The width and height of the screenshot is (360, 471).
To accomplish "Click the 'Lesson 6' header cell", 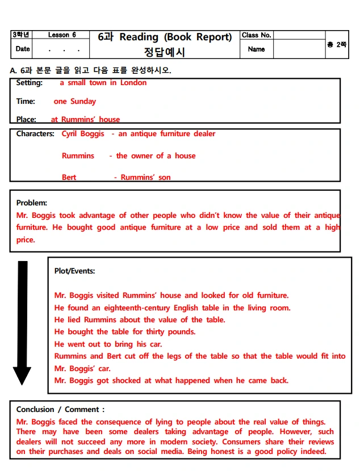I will click(62, 35).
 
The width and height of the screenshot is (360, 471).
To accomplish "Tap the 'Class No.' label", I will click(257, 35).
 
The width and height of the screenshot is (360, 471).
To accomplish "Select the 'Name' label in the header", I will click(257, 49).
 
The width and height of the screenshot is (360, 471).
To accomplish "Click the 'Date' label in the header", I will click(23, 49).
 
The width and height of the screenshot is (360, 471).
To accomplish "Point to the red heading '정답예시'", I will click(165, 52).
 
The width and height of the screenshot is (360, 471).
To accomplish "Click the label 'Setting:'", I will click(29, 83).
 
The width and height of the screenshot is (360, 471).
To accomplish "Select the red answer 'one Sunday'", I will click(75, 102).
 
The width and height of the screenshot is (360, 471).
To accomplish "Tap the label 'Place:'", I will click(26, 119).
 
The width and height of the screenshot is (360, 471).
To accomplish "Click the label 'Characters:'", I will click(35, 134).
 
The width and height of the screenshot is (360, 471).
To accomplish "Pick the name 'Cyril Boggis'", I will click(83, 134).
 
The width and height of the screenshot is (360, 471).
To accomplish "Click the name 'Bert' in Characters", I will click(69, 177).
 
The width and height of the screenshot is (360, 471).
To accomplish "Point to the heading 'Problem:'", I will click(32, 203).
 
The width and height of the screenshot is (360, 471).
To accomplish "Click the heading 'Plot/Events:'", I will click(75, 271).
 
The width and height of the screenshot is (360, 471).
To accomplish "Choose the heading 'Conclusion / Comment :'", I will click(60, 409).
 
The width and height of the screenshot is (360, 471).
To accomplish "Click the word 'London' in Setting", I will click(133, 83).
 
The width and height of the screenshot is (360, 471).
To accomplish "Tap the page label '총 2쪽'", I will click(337, 44).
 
